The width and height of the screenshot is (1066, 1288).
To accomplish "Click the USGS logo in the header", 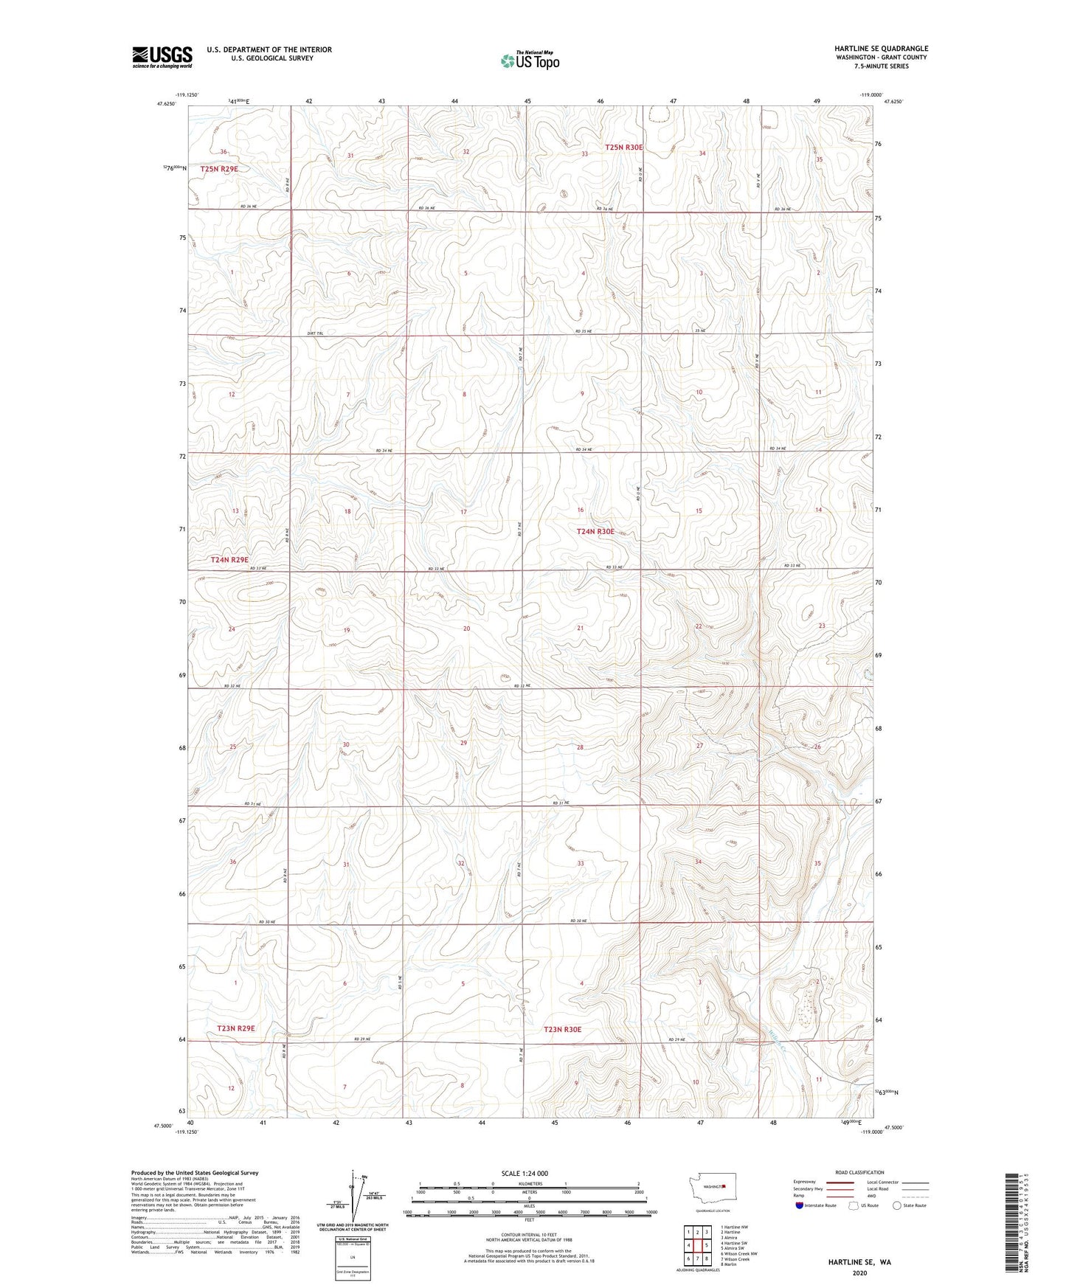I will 162,57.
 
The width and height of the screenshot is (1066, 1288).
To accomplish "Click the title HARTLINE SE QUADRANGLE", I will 871,49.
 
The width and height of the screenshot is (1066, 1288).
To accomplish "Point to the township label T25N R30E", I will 624,148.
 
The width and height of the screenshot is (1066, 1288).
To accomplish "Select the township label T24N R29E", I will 229,560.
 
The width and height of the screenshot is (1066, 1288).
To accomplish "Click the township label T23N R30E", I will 563,1029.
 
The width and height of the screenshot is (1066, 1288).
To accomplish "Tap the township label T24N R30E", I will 595,531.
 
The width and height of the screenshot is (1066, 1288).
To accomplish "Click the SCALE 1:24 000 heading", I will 524,1174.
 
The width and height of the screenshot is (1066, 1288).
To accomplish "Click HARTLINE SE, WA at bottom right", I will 859,1262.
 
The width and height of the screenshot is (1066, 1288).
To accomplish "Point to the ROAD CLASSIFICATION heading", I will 859,1172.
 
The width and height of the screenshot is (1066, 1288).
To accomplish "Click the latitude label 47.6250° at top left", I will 166,104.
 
